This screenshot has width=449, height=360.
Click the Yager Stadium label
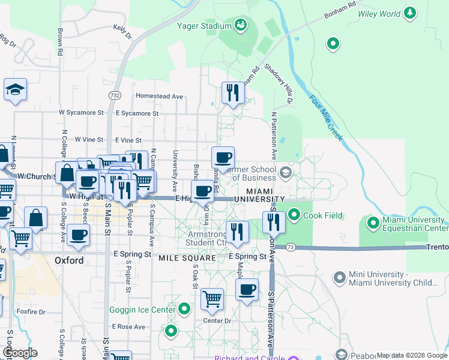coord(205,26)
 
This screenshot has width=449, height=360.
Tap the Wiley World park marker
coord(411,13)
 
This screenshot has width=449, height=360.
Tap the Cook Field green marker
coord(294,214)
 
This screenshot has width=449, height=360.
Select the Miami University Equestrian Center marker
coord(373,223)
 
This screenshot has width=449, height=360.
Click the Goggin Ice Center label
coord(142,310)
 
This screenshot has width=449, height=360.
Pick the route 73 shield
coord(291,247)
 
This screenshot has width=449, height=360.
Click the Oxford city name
coord(68,260)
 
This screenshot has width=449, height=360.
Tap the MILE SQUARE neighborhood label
coord(187,257)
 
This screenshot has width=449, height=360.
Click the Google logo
coord(20,353)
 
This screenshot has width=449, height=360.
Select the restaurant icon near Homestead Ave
coord(233,93)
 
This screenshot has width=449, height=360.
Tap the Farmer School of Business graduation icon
coord(285,173)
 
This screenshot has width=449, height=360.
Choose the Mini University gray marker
coord(340,277)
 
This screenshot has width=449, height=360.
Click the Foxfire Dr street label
coord(31,311)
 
